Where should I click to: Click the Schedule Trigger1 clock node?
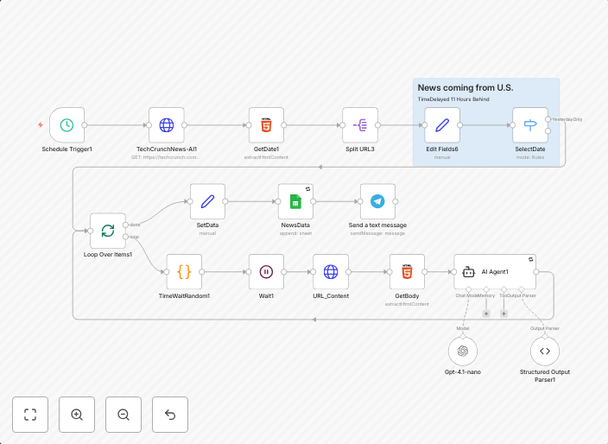66,125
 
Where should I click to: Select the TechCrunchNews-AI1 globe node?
167,125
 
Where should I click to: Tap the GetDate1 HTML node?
267,125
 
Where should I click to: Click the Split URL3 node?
360,125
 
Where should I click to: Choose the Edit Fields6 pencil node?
442,125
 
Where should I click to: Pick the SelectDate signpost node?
530,125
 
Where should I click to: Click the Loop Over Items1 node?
108,231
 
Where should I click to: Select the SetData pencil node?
207,201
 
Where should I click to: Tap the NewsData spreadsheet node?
295,201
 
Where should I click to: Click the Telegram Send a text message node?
377,201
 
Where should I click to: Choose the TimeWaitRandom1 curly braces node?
184,271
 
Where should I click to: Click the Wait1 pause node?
267,271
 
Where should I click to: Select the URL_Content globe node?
331,271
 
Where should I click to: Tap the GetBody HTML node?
407,271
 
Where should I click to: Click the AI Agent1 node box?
495,271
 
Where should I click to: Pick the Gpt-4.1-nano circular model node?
463,351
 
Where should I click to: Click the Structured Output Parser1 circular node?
544,351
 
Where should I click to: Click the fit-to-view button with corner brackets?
30,415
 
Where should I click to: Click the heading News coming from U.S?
465,88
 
